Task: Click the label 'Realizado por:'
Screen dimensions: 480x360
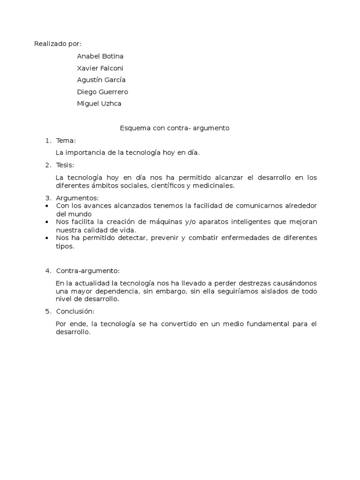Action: coord(58,44)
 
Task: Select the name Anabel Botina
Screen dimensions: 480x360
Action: coord(100,56)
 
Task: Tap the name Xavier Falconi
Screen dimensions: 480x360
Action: coord(100,68)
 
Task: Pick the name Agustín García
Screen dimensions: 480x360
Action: coord(101,80)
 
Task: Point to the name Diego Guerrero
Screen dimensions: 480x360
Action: coord(102,92)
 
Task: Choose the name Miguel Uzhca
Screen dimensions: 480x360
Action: coord(99,104)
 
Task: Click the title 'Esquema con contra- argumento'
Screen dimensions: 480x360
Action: coord(174,128)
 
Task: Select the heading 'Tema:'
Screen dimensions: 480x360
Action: coord(66,140)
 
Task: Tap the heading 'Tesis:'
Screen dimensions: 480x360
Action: coord(65,165)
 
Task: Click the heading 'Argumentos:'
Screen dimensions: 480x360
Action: coord(77,198)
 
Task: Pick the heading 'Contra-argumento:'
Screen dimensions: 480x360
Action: coord(88,271)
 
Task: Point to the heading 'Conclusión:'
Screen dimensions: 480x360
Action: coord(75,311)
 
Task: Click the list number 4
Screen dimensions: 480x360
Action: coord(47,271)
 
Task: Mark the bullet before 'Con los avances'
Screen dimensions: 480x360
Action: coord(48,206)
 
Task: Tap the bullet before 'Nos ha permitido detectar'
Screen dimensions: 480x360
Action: coord(48,238)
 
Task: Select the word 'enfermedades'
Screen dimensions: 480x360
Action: coord(251,238)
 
